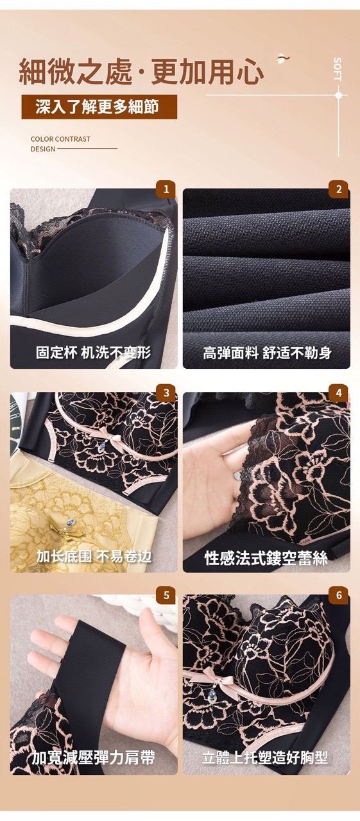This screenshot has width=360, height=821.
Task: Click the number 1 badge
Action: pos(166,189)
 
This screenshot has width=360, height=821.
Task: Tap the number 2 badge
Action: pos(339,189)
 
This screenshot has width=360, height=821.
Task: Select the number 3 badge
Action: pos(166,393)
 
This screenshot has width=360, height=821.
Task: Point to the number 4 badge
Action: pos(339,393)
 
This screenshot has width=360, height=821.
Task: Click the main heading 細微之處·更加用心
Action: pos(142,71)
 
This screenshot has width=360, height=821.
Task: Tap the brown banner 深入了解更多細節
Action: pos(99,106)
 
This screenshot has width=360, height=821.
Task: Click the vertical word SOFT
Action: pos(338,69)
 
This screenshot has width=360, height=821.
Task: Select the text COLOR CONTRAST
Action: pos(60,139)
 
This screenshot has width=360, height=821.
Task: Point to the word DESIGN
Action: pos(43,149)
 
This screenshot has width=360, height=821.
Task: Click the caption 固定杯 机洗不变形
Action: pos(93,353)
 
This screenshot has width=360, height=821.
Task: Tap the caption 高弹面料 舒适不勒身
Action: pos(267,353)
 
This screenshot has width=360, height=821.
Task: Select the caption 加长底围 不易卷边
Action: pos(94,556)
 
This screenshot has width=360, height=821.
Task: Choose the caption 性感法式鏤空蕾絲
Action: pos(266,559)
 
